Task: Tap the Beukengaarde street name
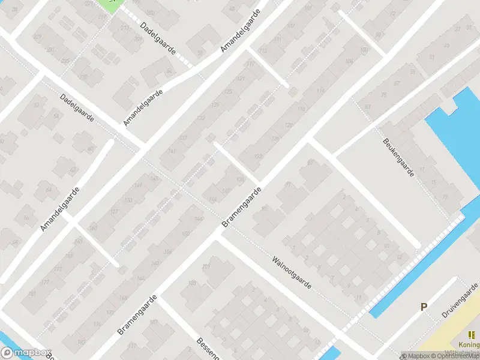click(x=398, y=157)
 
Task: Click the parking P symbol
click(x=424, y=307)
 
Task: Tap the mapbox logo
click(x=25, y=353)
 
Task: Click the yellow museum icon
click(x=471, y=335)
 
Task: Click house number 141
click(x=172, y=151)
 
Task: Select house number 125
click(x=227, y=92)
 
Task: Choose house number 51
click(x=38, y=106)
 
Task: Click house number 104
click(x=349, y=62)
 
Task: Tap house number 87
click(x=310, y=162)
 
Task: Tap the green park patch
click(x=110, y=4)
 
